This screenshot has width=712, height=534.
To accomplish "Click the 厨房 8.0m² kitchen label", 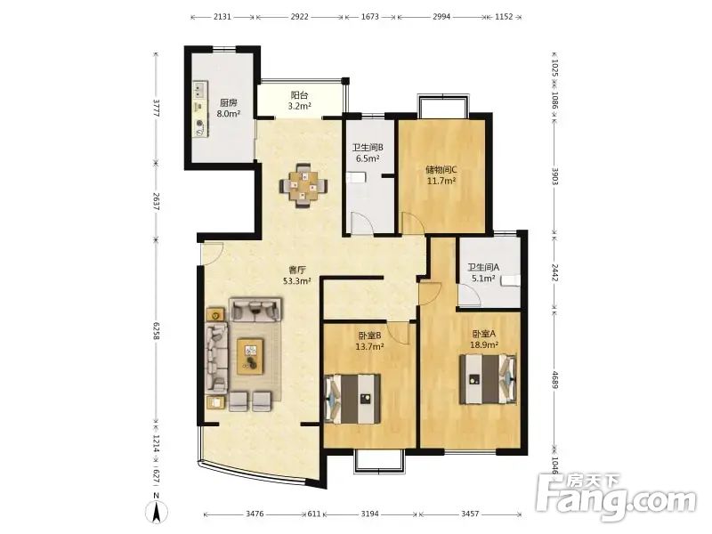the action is (x=229, y=108).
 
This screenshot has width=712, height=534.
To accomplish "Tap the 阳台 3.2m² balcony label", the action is (x=300, y=101).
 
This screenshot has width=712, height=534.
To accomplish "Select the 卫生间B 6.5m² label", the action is (x=368, y=153).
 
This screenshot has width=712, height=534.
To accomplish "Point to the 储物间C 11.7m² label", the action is (x=441, y=175).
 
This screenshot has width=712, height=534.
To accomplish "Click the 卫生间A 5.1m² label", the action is (x=483, y=273).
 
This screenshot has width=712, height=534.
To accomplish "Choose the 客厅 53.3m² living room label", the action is (x=297, y=275).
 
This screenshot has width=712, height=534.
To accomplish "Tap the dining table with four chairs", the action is (x=303, y=185).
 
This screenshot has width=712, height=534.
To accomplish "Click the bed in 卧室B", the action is (x=353, y=399).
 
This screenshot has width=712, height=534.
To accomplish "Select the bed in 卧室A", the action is (x=488, y=379).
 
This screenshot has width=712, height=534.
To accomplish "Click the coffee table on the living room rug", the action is (x=251, y=356).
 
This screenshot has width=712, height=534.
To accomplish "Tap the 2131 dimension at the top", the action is (x=222, y=17).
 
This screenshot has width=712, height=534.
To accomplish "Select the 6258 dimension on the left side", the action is (x=156, y=331).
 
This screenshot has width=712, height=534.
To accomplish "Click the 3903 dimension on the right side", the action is (x=554, y=175).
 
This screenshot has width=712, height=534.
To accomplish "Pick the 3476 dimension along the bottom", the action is (x=255, y=514).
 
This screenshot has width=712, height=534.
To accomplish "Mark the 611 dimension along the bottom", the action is (x=314, y=514).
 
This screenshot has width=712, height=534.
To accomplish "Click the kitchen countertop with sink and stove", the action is (x=199, y=109).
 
